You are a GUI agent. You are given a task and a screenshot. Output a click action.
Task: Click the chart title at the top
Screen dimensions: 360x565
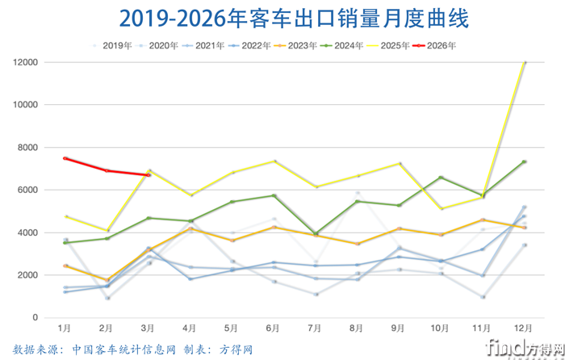(x=282, y=18)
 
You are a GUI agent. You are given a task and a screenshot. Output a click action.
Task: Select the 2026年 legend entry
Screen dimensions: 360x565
(x=441, y=46)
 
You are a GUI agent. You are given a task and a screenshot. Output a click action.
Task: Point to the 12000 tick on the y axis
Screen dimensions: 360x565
(x=27, y=62)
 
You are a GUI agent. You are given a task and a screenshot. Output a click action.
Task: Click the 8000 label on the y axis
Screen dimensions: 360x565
(x=30, y=148)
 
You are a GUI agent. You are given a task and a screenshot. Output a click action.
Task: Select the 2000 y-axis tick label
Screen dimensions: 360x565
(x=30, y=275)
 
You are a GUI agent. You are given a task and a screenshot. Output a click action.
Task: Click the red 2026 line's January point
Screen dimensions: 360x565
(x=65, y=158)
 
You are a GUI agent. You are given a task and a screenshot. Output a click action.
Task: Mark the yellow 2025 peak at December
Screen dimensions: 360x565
(x=524, y=62)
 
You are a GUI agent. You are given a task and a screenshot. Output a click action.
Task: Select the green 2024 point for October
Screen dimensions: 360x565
(x=441, y=178)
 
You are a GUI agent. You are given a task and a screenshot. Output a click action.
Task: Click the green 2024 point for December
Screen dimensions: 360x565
(x=524, y=161)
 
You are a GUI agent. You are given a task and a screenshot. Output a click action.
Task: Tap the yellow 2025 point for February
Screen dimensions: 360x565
(x=107, y=230)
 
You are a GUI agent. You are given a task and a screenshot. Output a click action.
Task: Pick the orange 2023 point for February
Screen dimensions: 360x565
(x=107, y=280)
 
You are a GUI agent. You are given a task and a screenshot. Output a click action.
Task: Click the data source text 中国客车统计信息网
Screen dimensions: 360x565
(x=122, y=350)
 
